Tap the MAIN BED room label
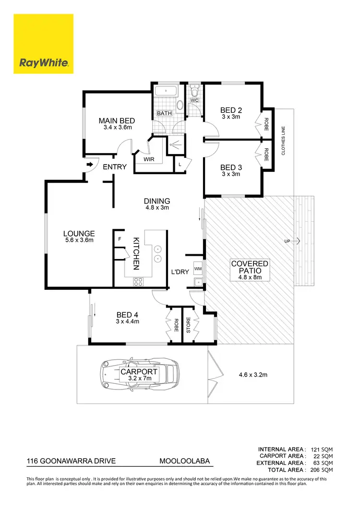coord(117,121)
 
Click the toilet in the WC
coord(194,90)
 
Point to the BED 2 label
coord(230,109)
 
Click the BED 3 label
coord(230,167)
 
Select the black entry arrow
coord(90,165)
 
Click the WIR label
coord(149,160)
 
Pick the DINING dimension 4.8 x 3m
coord(157,208)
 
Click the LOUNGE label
coord(79,234)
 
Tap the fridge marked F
coord(120,238)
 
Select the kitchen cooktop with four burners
coord(138,282)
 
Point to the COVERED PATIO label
coord(250,267)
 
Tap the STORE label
coord(189,325)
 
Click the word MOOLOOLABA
coord(184,462)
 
